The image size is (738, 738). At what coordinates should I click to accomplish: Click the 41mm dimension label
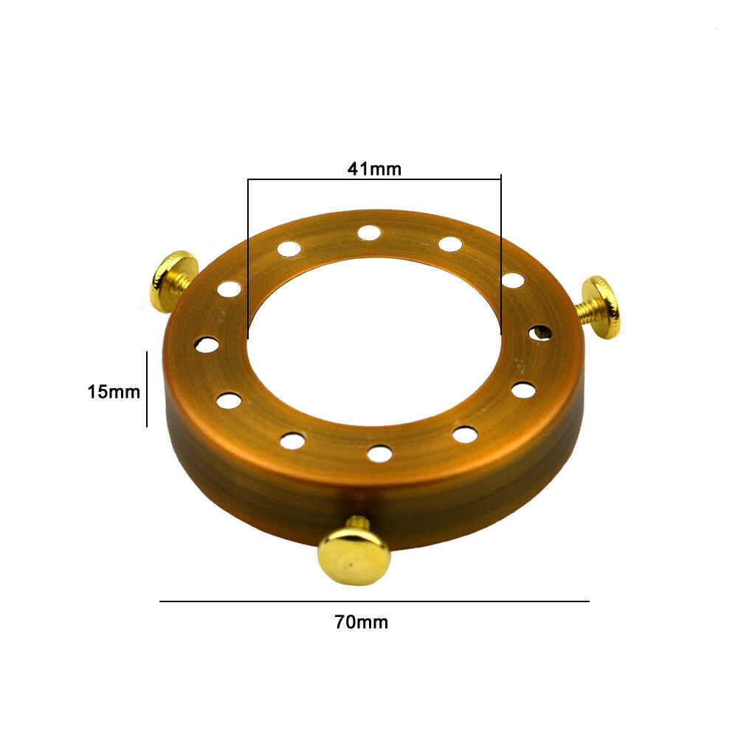[x=374, y=169]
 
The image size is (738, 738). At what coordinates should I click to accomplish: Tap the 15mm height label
[x=114, y=392]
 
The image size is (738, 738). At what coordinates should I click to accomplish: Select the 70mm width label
[x=361, y=622]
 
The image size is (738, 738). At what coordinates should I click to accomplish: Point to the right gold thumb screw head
[x=604, y=307]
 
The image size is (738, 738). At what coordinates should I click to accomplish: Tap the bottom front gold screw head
[x=354, y=556]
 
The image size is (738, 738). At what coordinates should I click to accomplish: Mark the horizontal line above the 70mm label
[x=374, y=601]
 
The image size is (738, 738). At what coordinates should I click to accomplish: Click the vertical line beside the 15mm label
[x=147, y=389]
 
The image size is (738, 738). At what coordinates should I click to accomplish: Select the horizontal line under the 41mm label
[x=374, y=179]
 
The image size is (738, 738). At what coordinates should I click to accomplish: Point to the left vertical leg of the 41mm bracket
[x=248, y=258]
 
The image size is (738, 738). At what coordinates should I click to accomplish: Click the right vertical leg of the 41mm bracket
[x=501, y=255]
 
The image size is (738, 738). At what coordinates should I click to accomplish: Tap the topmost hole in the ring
[x=369, y=233]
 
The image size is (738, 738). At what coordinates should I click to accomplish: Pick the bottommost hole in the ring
[x=379, y=453]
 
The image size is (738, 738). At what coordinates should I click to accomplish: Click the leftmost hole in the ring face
[x=207, y=345]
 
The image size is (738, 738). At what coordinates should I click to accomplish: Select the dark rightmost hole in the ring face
[x=540, y=333]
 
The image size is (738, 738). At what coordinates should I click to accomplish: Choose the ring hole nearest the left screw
[x=230, y=289]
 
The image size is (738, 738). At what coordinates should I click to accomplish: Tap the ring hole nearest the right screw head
[x=540, y=333]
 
